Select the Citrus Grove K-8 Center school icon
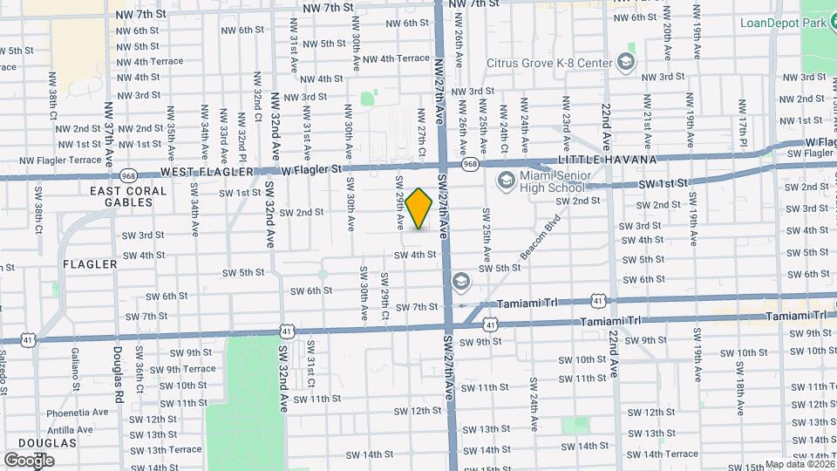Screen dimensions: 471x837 [x=626, y=61]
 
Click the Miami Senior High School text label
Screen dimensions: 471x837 [x=553, y=182]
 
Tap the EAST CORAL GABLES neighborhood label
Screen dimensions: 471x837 [x=120, y=196]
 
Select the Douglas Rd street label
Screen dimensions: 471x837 [x=118, y=372]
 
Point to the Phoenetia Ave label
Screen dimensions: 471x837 [x=78, y=412]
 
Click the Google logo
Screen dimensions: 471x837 [x=29, y=460]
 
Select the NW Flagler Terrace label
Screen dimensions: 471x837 [x=61, y=160]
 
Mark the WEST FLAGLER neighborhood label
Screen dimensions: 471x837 [x=200, y=172]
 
